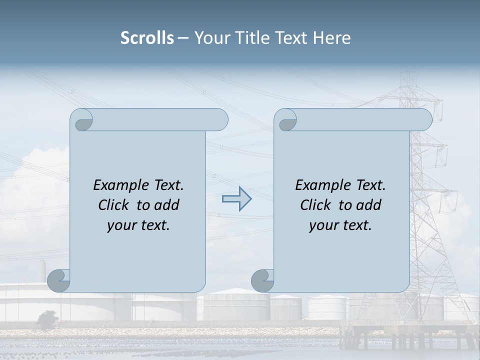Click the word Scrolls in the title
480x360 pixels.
147,38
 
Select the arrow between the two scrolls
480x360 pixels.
237,198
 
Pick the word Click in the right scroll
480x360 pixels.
315,205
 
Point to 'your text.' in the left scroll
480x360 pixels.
138,225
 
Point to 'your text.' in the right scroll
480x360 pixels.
340,225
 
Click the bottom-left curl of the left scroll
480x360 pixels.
58,280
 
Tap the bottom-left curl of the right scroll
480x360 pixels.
262,280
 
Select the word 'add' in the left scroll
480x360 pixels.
167,205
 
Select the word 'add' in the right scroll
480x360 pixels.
369,205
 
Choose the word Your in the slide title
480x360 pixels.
211,38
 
